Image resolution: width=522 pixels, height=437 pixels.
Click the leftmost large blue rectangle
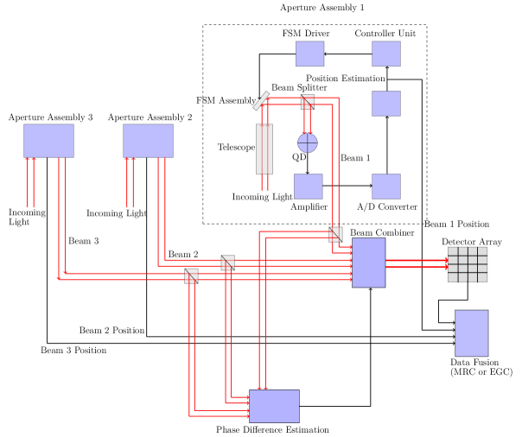48,141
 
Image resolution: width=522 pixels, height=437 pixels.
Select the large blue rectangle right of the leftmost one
148,141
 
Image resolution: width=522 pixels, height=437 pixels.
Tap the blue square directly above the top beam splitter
309,54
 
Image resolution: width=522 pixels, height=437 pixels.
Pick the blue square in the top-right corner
386,54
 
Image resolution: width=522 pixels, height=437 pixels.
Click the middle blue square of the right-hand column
386,104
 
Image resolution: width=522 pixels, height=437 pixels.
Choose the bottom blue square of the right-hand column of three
386,187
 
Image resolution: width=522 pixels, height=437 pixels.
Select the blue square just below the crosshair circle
308,187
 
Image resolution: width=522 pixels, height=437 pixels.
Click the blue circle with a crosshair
308,142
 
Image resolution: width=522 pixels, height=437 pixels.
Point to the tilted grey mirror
261,101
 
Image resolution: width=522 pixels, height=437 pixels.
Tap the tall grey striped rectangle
264,149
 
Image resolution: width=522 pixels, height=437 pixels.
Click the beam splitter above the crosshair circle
308,102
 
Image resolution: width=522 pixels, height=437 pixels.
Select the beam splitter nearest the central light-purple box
335,234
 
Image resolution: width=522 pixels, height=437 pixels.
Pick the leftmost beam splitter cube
191,276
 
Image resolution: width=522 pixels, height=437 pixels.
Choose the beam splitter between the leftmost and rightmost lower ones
227,263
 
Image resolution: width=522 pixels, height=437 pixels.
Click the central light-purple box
369,263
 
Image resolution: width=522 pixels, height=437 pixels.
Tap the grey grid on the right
468,264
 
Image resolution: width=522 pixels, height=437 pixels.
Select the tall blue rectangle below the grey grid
472,333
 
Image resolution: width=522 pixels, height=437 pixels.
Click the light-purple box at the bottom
274,406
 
